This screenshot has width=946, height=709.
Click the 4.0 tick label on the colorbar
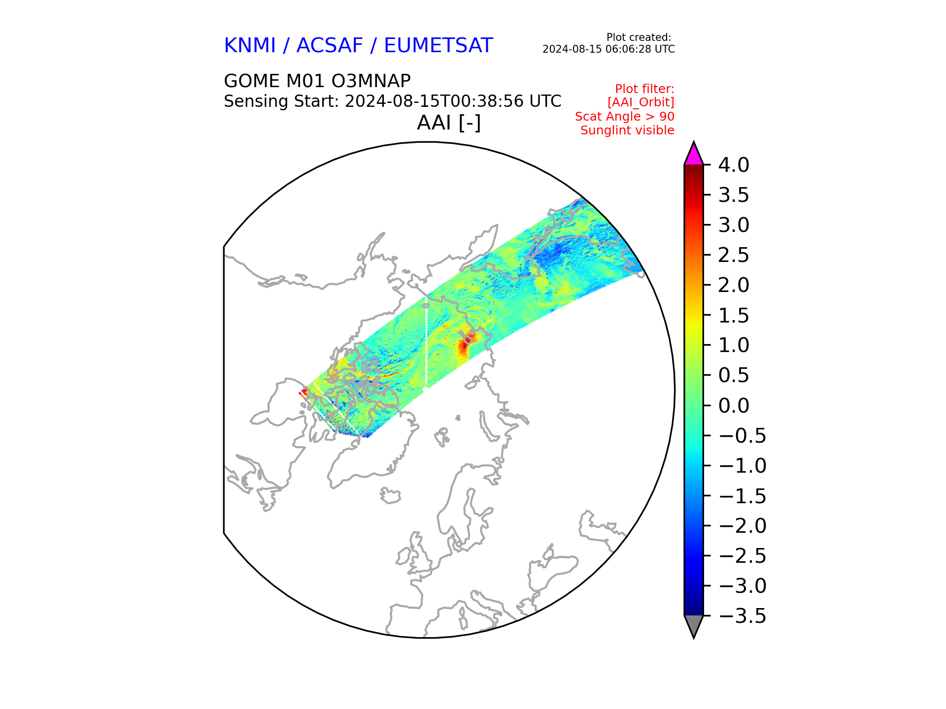click(x=734, y=165)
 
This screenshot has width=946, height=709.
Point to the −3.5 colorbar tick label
click(x=742, y=615)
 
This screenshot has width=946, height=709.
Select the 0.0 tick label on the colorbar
click(x=734, y=405)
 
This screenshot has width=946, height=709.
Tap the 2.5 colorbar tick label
click(x=734, y=255)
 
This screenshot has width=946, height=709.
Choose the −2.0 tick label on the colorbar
click(x=742, y=525)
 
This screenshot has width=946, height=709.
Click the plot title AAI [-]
click(x=449, y=123)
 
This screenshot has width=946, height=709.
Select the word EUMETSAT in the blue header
click(x=438, y=45)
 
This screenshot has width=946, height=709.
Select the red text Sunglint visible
click(x=627, y=130)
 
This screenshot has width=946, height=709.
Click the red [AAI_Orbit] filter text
click(x=641, y=102)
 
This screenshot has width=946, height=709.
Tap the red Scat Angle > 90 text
click(x=625, y=117)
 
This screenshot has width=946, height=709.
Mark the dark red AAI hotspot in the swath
click(x=464, y=347)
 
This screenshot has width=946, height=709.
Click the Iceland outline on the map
click(x=390, y=495)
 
